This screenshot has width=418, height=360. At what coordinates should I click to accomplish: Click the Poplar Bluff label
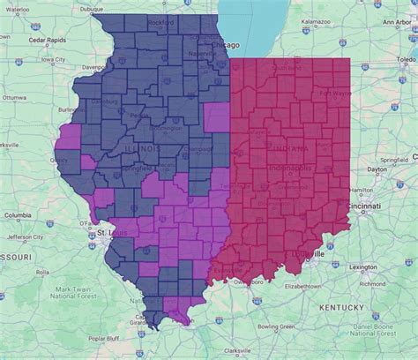(103, 337)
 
